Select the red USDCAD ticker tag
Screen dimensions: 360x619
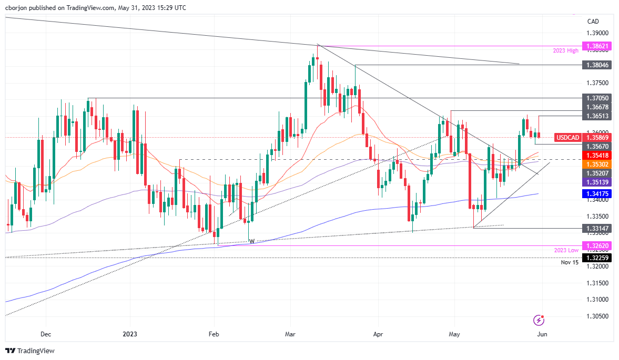568,138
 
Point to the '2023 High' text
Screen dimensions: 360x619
565,50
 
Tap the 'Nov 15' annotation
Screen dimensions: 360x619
570,262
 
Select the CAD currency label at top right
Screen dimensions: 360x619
593,22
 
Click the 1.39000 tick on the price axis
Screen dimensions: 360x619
597,33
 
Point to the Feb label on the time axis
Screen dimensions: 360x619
214,334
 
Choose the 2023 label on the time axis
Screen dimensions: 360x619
129,334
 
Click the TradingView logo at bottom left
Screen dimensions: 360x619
30,351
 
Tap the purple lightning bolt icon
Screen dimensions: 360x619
539,320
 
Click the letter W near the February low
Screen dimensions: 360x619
251,241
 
